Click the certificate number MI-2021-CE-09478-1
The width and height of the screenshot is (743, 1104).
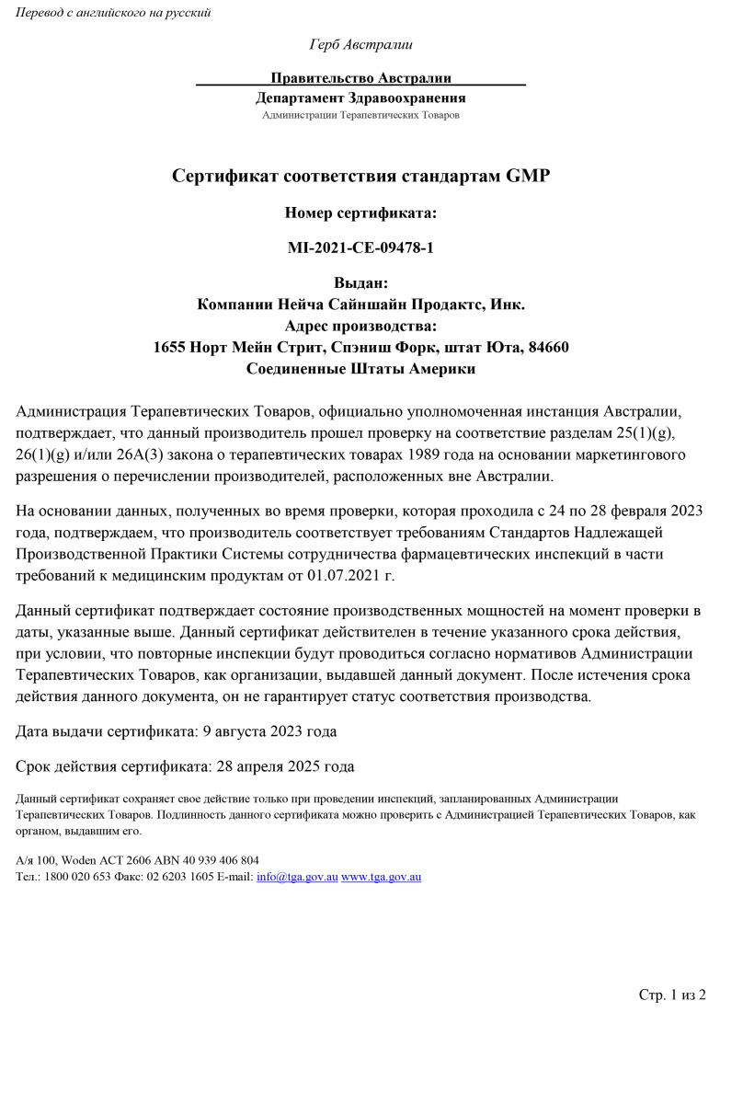tap(360, 248)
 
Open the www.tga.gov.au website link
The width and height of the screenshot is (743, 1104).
tap(381, 877)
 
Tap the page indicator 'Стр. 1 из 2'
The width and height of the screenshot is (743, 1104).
tap(671, 995)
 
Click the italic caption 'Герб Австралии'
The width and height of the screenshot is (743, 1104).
tap(360, 44)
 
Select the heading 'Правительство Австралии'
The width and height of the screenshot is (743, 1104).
tap(360, 78)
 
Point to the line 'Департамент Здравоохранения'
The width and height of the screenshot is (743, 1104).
tap(360, 98)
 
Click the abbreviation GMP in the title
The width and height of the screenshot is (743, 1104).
tap(528, 176)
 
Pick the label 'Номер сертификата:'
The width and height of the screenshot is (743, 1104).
tap(360, 213)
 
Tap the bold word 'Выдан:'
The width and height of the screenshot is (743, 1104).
tap(360, 284)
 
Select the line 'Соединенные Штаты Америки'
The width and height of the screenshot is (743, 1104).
tap(360, 369)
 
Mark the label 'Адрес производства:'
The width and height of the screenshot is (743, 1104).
tap(360, 326)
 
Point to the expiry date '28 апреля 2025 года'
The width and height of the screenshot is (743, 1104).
tap(284, 766)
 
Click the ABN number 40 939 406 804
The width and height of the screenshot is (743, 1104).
tap(212, 860)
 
